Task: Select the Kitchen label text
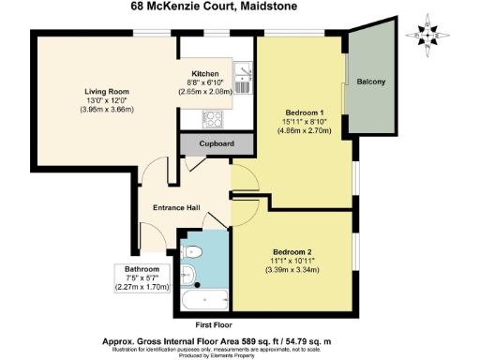(x=205, y=74)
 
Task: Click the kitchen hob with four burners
(x=213, y=119)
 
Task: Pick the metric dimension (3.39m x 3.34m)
(x=294, y=270)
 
